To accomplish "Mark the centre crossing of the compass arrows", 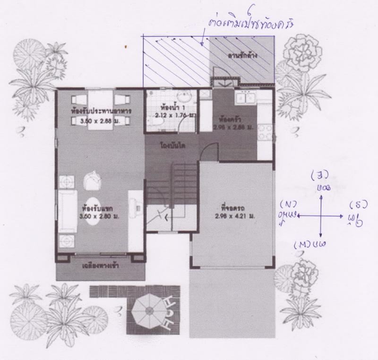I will (x=321, y=215).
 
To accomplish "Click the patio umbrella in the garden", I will (x=146, y=310).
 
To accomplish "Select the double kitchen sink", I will (x=246, y=98).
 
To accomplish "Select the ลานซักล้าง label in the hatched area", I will (x=241, y=56).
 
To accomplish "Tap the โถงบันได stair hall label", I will (x=172, y=146).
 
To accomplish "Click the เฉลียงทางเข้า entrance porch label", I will (x=100, y=266).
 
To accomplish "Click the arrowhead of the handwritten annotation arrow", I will (x=202, y=46).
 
